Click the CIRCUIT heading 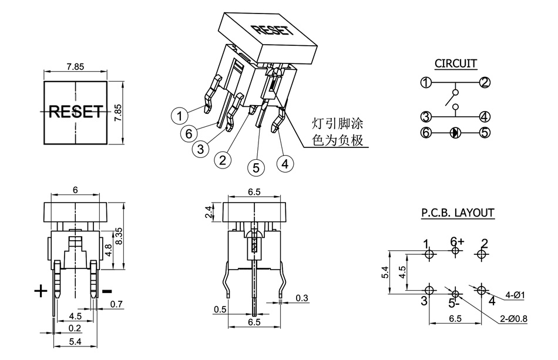tap(455, 63)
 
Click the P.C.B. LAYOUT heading tap(458, 213)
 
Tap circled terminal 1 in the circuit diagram tap(426, 82)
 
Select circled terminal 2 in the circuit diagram tap(485, 82)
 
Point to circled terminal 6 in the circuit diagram tap(426, 132)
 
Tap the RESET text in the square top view tap(75, 111)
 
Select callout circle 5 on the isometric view tap(256, 167)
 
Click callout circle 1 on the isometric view tap(180, 116)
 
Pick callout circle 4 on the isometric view tap(285, 163)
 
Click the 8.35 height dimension tap(118, 237)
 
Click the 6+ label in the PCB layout tap(457, 241)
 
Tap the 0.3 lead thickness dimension tap(302, 298)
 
